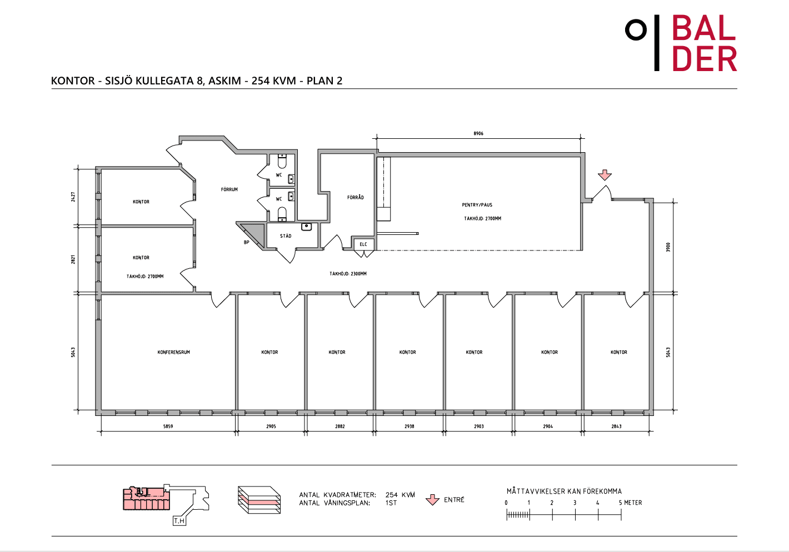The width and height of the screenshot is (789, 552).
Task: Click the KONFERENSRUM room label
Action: [174, 352]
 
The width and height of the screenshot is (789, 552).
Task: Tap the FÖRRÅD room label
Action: [356, 198]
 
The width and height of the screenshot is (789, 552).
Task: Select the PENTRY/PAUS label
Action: [477, 205]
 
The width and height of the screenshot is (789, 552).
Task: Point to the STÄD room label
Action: [286, 236]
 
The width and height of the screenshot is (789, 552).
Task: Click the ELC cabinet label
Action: [363, 244]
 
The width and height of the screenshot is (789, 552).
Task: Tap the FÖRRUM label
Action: [229, 189]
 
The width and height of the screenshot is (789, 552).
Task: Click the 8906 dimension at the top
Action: [478, 133]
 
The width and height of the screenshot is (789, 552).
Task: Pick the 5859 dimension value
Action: [168, 426]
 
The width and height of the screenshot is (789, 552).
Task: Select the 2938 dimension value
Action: [410, 426]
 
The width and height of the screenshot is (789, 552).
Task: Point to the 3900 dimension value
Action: [668, 247]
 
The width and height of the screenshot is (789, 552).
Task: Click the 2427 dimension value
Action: [73, 197]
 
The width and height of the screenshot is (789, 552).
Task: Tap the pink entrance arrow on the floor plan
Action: [605, 175]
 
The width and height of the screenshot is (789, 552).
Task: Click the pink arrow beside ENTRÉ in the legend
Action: [432, 500]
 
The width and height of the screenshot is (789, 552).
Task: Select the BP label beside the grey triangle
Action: [247, 242]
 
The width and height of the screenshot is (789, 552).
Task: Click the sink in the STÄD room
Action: [307, 227]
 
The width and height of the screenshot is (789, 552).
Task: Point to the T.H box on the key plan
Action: [179, 521]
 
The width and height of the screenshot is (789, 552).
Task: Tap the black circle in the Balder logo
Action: [636, 30]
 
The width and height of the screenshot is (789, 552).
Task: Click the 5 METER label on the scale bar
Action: [631, 503]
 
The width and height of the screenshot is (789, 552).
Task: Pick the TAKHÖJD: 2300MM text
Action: [348, 274]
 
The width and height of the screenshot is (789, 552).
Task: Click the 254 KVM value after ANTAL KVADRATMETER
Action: [400, 495]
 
